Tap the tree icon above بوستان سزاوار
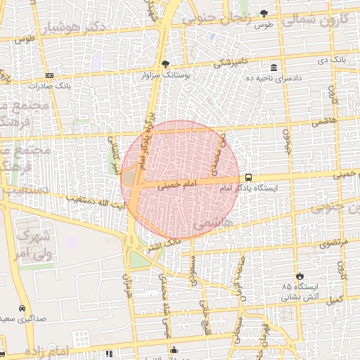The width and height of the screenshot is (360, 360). click(x=165, y=63)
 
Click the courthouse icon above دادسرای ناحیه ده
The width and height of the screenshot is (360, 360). click(x=273, y=68)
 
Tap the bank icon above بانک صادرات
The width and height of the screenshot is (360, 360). click(x=49, y=75)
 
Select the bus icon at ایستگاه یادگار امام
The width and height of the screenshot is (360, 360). click(x=248, y=178)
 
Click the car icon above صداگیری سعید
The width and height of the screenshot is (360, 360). click(x=22, y=308)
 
